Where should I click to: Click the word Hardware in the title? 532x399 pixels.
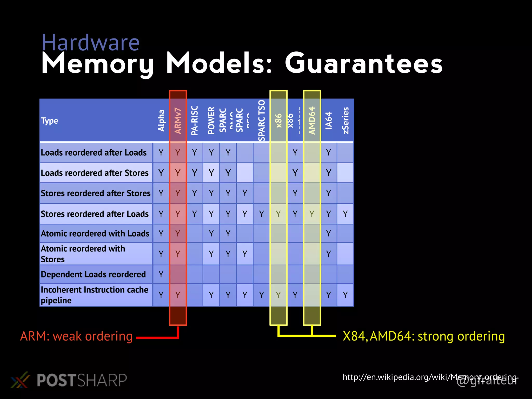[x=90, y=43]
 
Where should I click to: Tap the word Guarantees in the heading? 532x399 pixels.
[x=363, y=64]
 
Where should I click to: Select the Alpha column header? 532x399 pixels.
[x=161, y=121]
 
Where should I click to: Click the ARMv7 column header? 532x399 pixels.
[x=178, y=121]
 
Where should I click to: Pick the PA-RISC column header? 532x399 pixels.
[x=195, y=121]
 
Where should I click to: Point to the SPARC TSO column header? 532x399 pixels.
[x=262, y=121]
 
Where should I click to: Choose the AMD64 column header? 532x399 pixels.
[x=312, y=121]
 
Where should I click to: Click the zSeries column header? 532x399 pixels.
[x=345, y=121]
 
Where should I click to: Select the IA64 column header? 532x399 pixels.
[x=329, y=121]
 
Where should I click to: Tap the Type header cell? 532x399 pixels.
[x=49, y=121]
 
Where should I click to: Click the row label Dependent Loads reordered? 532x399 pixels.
[x=93, y=274]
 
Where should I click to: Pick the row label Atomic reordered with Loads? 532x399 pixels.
[x=95, y=234]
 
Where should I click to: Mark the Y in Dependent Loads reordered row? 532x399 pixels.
[x=161, y=274]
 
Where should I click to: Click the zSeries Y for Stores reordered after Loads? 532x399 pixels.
[x=345, y=214]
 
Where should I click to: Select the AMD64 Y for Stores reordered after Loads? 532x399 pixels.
[x=312, y=214]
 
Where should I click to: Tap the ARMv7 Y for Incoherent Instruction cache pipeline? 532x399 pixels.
[x=178, y=295]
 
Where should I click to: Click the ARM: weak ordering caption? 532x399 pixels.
[x=76, y=336]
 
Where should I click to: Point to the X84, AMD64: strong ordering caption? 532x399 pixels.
[x=424, y=336]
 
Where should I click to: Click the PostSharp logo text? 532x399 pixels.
[x=82, y=380]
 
